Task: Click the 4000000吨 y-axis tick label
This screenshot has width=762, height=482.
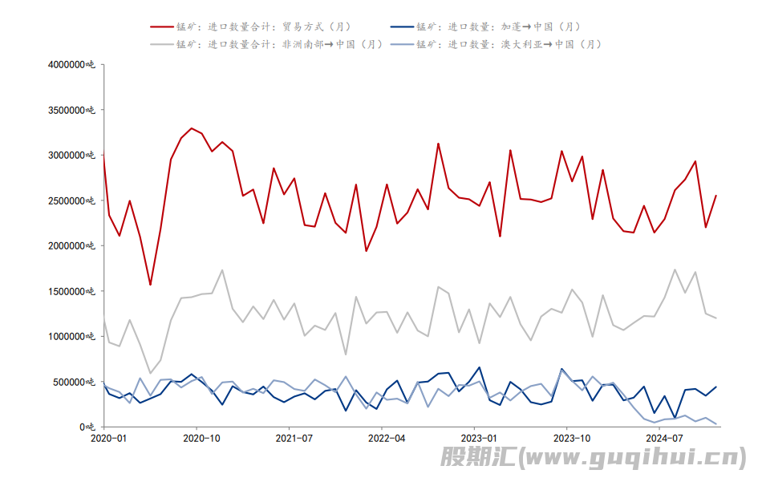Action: click(72, 65)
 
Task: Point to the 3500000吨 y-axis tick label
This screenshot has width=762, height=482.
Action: click(72, 110)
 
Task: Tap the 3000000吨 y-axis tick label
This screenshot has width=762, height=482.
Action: click(72, 156)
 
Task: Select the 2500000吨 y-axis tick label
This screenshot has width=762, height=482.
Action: click(72, 200)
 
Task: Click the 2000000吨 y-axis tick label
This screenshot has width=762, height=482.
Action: click(72, 246)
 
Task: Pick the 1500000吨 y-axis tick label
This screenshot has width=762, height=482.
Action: click(72, 291)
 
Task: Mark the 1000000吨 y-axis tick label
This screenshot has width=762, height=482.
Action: click(72, 337)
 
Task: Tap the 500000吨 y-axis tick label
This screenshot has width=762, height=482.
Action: click(75, 382)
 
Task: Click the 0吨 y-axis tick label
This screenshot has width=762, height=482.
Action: click(90, 427)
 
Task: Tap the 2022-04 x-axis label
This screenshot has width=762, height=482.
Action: click(386, 439)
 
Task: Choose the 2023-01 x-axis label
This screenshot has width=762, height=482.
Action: click(478, 439)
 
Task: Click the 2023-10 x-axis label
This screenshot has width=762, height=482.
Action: click(571, 439)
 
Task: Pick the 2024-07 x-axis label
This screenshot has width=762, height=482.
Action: click(663, 439)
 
